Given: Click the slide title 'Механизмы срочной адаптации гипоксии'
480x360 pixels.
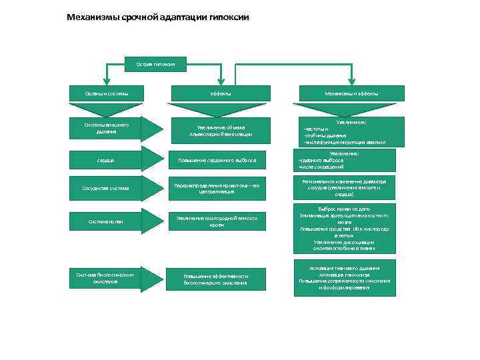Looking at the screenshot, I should pos(158,16).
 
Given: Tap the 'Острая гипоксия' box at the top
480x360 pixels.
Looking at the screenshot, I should pos(155,64).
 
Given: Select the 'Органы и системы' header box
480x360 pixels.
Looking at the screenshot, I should pos(107,93).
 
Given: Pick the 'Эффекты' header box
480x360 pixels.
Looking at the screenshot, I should pos(221,93).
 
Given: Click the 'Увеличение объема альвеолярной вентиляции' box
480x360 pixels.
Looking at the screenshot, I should pos(221,131).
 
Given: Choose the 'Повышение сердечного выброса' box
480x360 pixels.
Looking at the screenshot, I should pos(221,160).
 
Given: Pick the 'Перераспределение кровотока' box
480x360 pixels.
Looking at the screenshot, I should pos(221,188).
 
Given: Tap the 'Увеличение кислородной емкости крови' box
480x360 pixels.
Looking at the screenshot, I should pos(221,221).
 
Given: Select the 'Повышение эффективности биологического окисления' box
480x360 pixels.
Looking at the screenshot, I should pos(221,279).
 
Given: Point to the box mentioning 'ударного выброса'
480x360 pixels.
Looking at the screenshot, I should pos(345,160).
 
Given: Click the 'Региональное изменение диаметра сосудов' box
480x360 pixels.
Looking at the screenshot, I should pos(345,188).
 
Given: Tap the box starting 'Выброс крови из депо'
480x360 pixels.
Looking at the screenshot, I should pos(345,228).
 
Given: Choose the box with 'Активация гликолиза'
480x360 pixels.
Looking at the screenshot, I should pos(345,279).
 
